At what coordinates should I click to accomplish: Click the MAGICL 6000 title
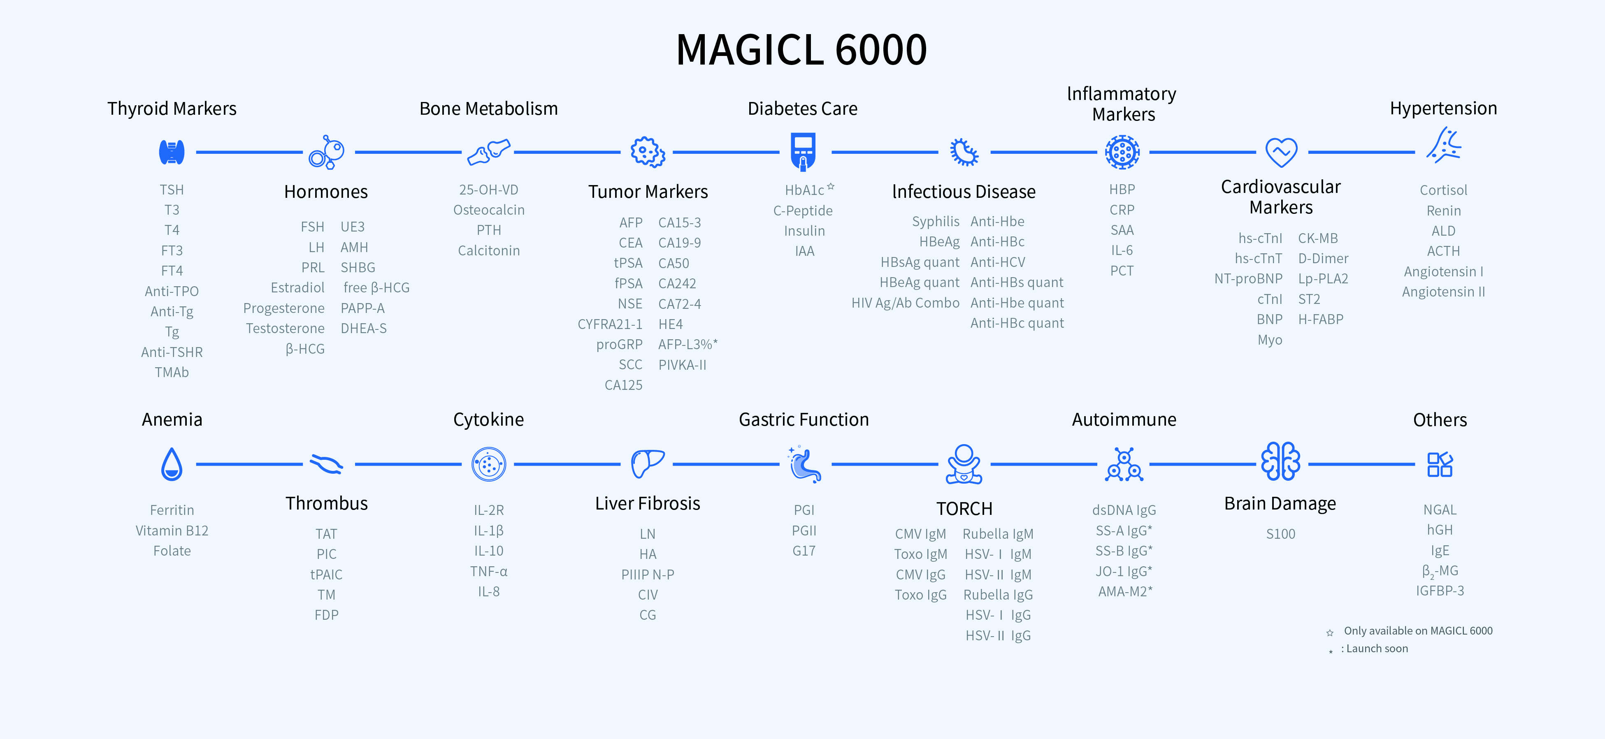801,50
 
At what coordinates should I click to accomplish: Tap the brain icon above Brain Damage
1280,462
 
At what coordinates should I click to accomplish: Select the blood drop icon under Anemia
172,464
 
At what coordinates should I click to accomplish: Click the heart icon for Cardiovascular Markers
1281,152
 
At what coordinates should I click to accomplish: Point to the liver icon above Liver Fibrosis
647,463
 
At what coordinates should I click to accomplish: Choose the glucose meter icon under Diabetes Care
803,151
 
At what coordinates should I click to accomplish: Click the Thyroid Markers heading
172,109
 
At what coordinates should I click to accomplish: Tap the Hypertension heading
1443,108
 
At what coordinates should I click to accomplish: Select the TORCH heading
964,509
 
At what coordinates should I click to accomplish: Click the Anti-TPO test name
172,292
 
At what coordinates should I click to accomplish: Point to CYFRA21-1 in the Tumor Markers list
610,324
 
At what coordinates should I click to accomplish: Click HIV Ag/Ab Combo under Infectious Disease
905,303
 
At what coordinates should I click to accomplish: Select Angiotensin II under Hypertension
1443,292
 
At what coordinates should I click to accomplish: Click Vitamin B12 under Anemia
172,531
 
